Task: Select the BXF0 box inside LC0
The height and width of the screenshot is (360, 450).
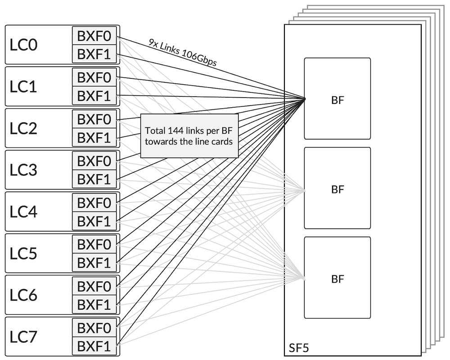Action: click(94, 36)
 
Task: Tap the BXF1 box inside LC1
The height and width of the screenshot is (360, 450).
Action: click(94, 96)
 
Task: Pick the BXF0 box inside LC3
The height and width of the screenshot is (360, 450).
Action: click(94, 161)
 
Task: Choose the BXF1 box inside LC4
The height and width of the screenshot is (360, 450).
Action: click(94, 221)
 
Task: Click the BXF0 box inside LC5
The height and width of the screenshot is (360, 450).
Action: click(94, 244)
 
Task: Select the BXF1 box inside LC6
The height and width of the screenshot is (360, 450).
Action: click(94, 305)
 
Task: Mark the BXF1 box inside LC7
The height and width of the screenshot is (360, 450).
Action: click(94, 346)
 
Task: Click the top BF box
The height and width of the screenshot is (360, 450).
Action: click(337, 99)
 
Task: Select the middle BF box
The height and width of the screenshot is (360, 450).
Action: click(337, 188)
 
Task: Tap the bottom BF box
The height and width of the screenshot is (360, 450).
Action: click(337, 278)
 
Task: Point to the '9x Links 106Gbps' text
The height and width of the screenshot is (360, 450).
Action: click(182, 53)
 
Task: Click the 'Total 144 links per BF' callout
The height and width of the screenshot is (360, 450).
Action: click(189, 136)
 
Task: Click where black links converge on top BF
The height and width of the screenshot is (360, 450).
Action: click(305, 99)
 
